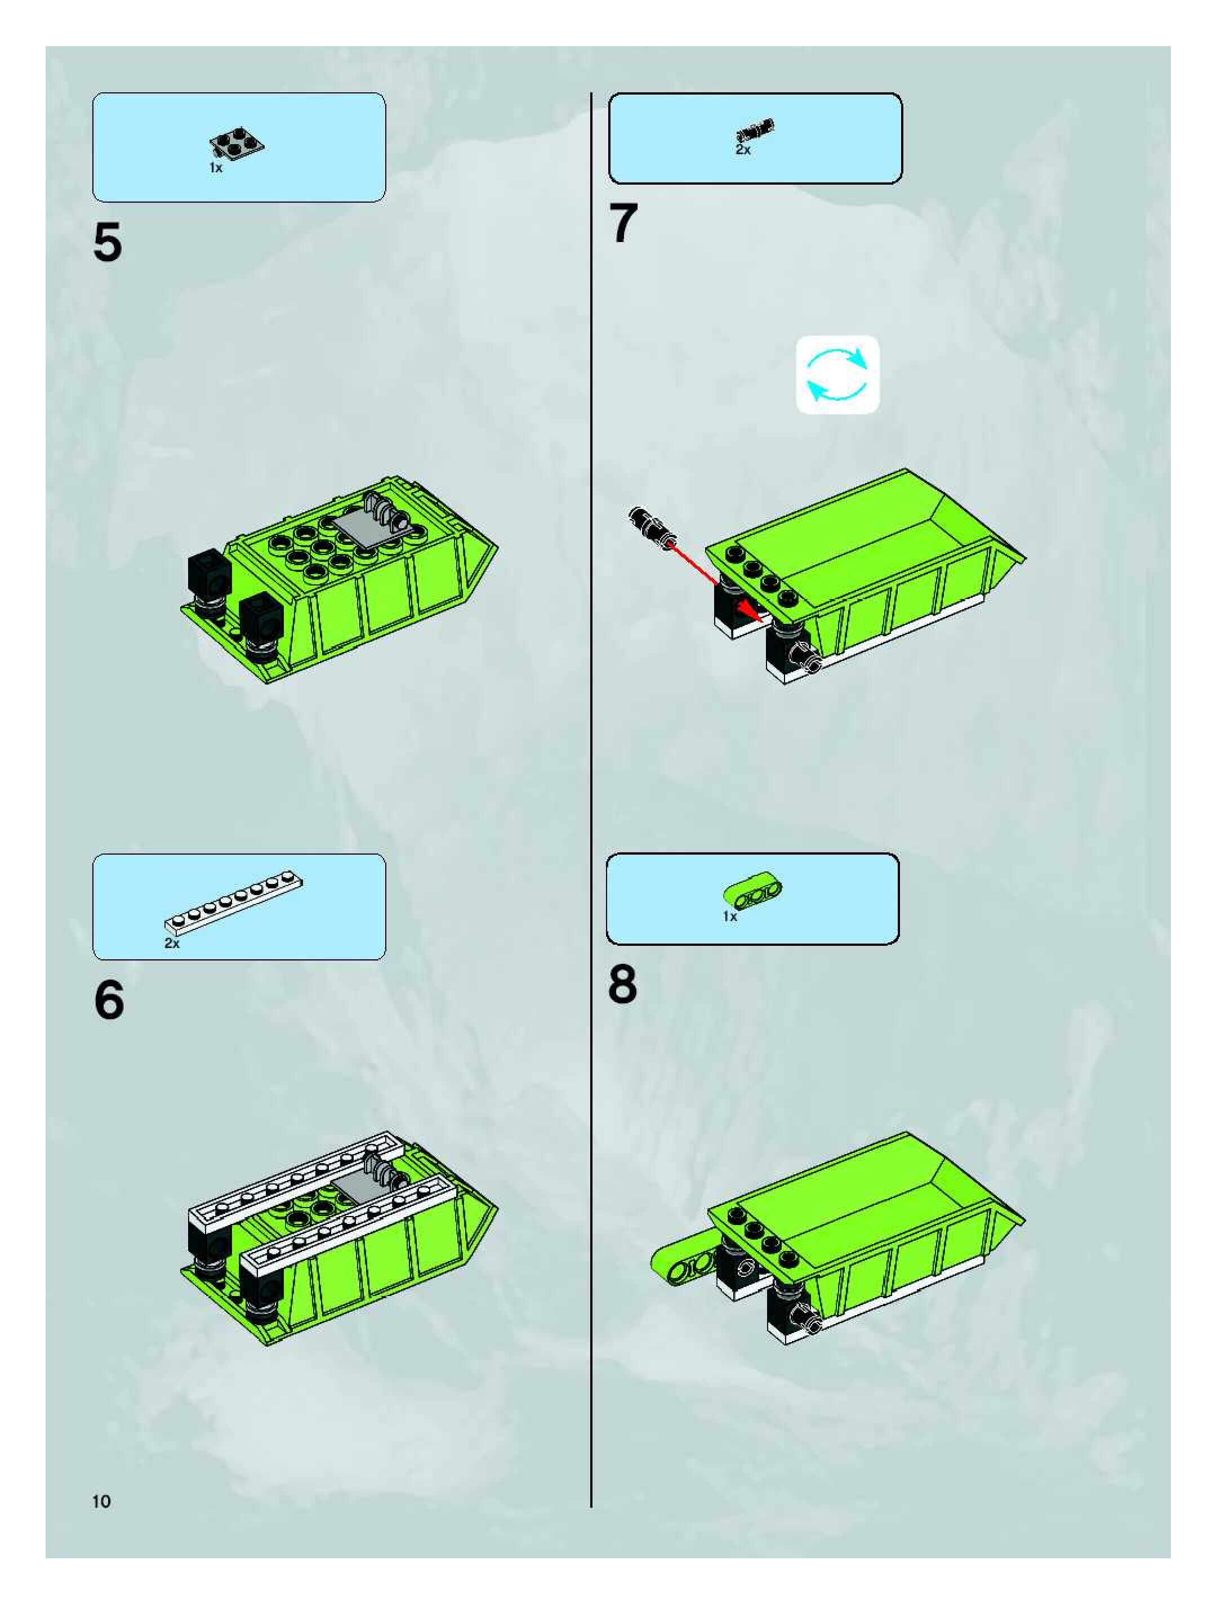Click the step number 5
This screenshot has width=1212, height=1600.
coord(107,243)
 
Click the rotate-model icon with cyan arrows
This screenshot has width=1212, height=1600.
coord(837,375)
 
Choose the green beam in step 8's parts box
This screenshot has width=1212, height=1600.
coord(752,891)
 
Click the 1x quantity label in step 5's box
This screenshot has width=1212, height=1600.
coord(216,167)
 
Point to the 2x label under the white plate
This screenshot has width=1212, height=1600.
coord(171,943)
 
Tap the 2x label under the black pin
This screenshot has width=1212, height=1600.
coord(743,150)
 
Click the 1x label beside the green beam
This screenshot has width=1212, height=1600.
coord(729,917)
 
